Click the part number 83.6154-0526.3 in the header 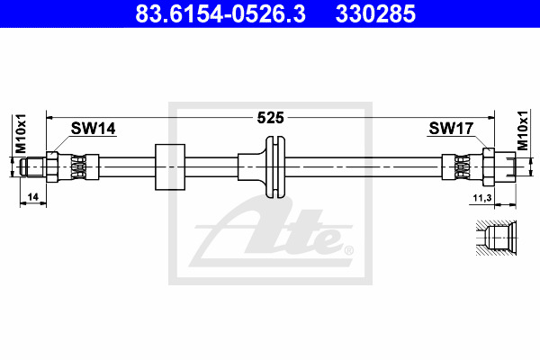coord(220,13)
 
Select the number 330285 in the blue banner coord(375,13)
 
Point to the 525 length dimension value coord(270,118)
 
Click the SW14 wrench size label coord(94,129)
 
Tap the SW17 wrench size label coord(451,129)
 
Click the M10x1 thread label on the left coord(21,133)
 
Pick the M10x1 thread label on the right coord(523,130)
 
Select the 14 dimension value coord(32,197)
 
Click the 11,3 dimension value coord(482,198)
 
